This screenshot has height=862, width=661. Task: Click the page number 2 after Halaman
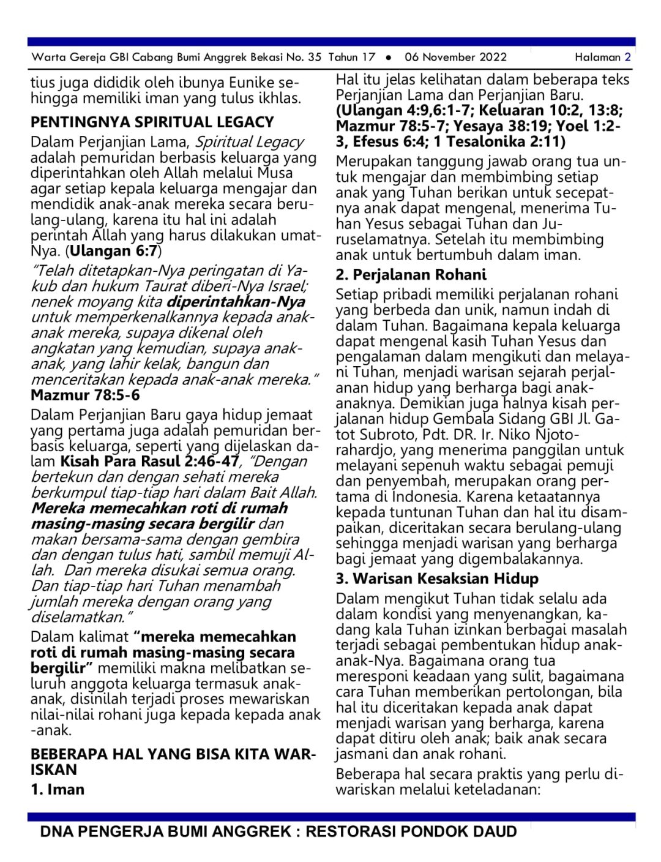[x=627, y=58]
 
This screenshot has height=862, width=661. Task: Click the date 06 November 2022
[x=455, y=58]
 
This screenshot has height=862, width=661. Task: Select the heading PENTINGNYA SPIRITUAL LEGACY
[x=152, y=122]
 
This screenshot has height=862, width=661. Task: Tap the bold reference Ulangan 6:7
[x=113, y=251]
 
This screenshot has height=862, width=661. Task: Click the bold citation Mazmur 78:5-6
[x=85, y=395]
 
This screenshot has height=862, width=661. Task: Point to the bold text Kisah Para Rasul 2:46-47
[x=149, y=462]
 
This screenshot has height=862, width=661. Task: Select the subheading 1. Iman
[x=58, y=789]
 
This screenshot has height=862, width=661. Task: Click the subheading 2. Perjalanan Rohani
[x=411, y=274]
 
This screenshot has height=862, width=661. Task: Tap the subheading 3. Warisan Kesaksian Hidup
[x=437, y=579]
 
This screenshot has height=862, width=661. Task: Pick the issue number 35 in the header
[x=315, y=58]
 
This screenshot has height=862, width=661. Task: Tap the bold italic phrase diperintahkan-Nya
[x=236, y=302]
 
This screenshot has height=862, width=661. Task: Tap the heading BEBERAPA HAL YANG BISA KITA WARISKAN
[x=173, y=762]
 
